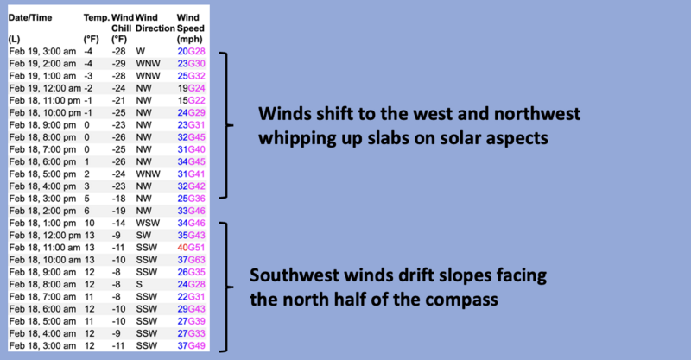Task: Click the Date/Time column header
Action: click(x=30, y=17)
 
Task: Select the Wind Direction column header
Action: click(x=155, y=23)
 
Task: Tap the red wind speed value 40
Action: click(x=182, y=248)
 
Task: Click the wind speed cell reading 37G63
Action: click(x=191, y=260)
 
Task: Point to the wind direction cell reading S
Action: click(x=139, y=285)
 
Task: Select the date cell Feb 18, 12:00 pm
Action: click(x=45, y=236)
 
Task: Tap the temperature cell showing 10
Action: click(x=90, y=223)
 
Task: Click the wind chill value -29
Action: click(x=118, y=63)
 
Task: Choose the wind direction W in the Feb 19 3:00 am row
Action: click(x=140, y=51)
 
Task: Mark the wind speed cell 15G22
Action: click(x=191, y=100)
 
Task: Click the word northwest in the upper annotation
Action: click(x=536, y=114)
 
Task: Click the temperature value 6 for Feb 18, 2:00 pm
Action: click(x=87, y=211)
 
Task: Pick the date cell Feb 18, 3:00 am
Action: click(x=42, y=346)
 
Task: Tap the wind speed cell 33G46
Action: click(x=191, y=211)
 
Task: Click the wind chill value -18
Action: click(x=118, y=199)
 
